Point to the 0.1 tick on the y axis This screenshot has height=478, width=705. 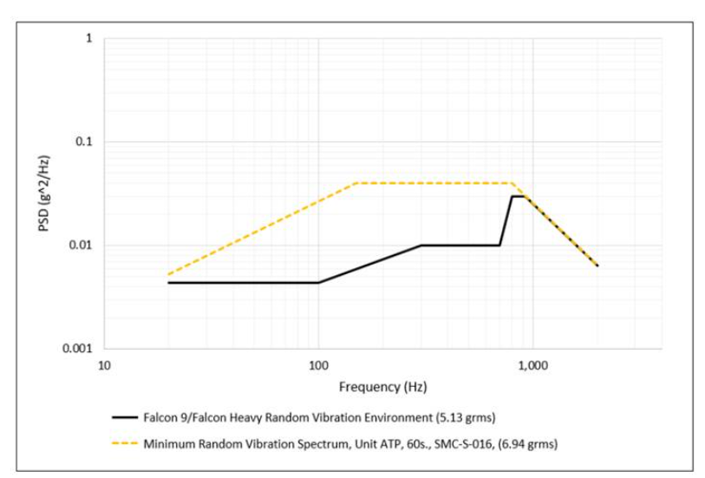coord(85,142)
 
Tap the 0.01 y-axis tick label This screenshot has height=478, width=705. coord(82,246)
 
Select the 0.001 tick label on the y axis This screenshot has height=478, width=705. coord(79,349)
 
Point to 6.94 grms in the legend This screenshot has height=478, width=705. coord(525,443)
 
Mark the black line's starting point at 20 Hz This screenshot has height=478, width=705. coord(168,283)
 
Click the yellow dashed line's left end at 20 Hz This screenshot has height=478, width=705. coord(168,275)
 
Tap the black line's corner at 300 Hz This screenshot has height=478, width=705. coord(421,246)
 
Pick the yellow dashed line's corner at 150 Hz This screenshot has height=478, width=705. coord(356,183)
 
